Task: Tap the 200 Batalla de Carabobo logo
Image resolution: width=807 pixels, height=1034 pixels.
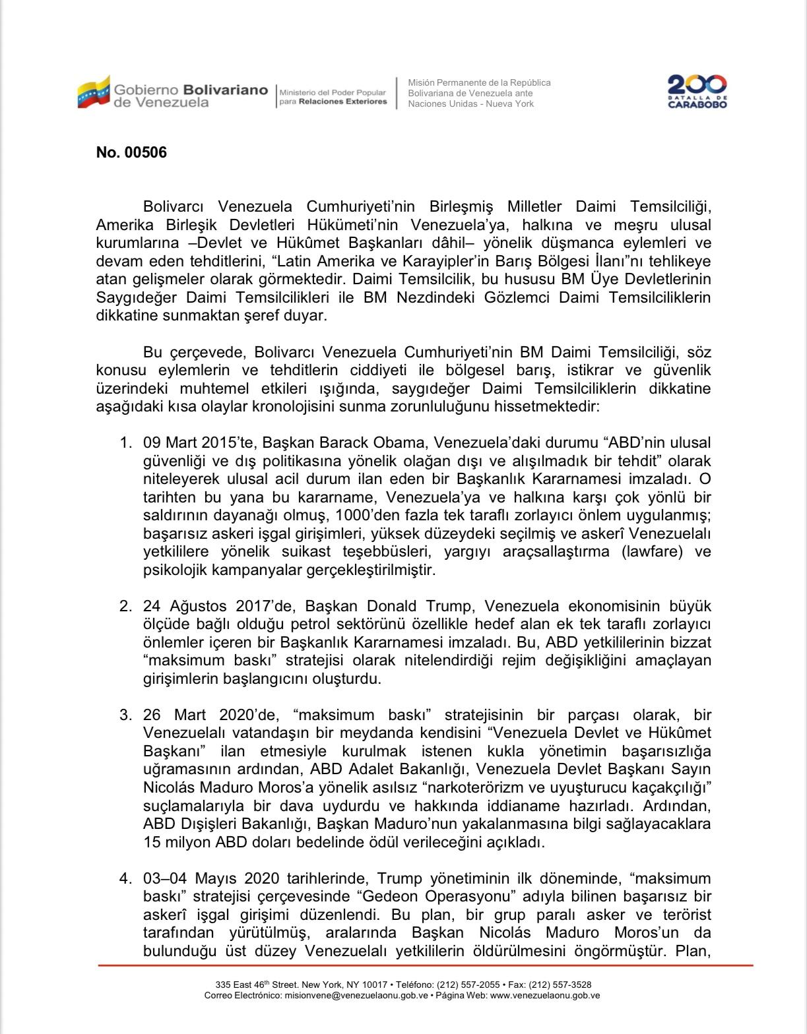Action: [697, 92]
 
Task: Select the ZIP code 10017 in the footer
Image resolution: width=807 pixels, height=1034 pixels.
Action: [374, 985]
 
